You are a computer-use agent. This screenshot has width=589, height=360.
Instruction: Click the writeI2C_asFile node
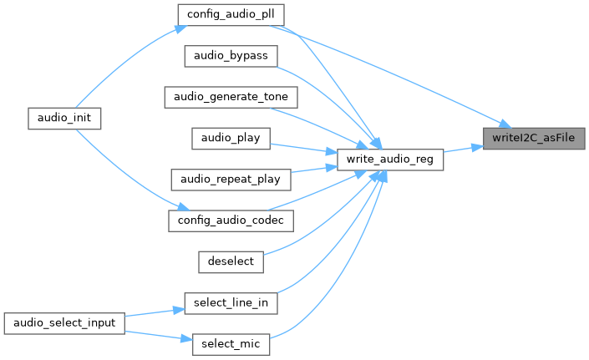[x=535, y=139]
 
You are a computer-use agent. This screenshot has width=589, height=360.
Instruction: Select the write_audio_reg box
[x=389, y=159]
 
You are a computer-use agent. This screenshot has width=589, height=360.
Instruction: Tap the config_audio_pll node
[x=231, y=14]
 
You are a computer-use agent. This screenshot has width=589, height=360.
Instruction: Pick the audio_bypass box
[x=230, y=55]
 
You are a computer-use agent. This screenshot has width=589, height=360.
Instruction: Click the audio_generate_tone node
[x=230, y=96]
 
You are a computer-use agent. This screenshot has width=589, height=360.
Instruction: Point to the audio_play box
[x=231, y=138]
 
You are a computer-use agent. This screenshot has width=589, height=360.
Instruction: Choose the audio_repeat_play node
[x=231, y=179]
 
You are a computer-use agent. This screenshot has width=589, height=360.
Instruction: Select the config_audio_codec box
[x=231, y=220]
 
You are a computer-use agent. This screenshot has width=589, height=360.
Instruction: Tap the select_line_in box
[x=231, y=302]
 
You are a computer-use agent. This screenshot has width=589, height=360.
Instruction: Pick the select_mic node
[x=231, y=343]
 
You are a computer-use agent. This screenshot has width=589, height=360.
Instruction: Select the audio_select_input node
[x=64, y=322]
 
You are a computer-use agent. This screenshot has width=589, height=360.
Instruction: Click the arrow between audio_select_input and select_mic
[x=154, y=332]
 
